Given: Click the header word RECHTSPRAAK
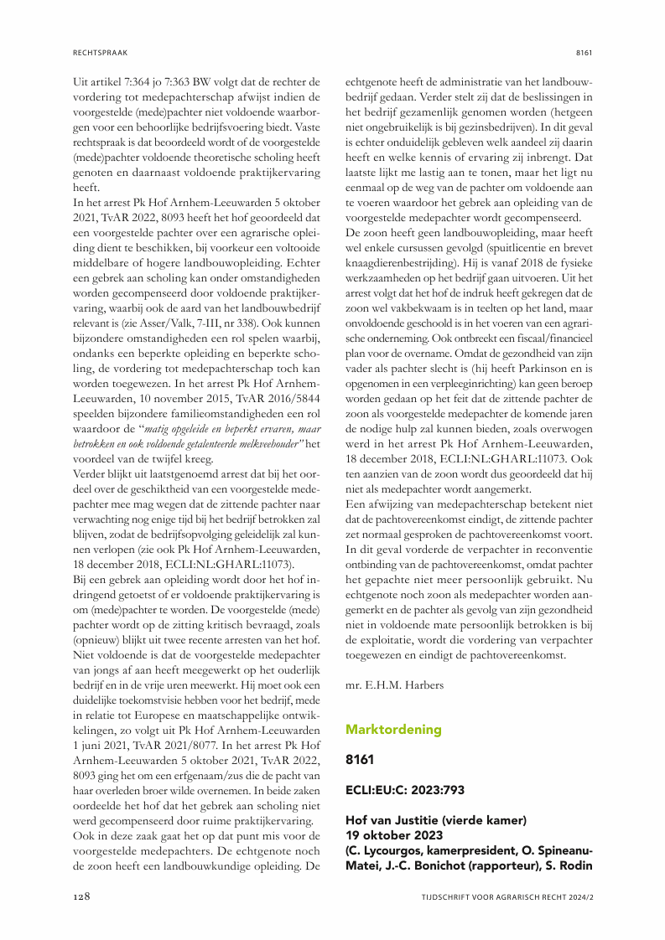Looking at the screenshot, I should pos(98,52).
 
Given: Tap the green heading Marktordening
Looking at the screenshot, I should pos(393,729).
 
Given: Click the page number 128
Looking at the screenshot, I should pos(81,896).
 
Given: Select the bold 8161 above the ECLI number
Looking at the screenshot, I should pos(361,760).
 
